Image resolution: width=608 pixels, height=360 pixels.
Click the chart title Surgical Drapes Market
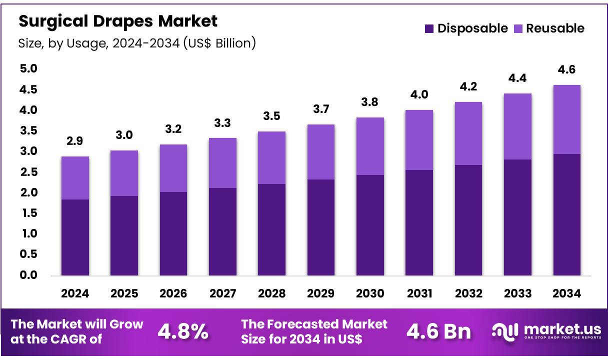[x=118, y=21]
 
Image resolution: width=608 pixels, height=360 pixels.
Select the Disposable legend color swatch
[x=429, y=28]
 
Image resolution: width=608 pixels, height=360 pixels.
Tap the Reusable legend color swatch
[x=517, y=28]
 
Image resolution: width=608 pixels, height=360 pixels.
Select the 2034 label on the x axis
[x=566, y=293]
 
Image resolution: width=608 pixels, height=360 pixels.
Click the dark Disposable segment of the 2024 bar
[x=75, y=237]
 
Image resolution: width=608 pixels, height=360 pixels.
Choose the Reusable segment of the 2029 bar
[x=320, y=151]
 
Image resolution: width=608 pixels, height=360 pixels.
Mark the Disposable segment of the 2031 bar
[x=419, y=222]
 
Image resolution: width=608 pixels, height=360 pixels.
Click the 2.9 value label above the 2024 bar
[x=75, y=141]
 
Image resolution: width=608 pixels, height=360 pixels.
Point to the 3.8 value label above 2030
[x=370, y=102]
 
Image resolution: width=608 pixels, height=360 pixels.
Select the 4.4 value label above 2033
[x=517, y=78]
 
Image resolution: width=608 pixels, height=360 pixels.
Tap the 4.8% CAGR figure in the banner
[x=183, y=331]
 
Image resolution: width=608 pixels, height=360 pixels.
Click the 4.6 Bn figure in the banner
[x=438, y=331]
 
